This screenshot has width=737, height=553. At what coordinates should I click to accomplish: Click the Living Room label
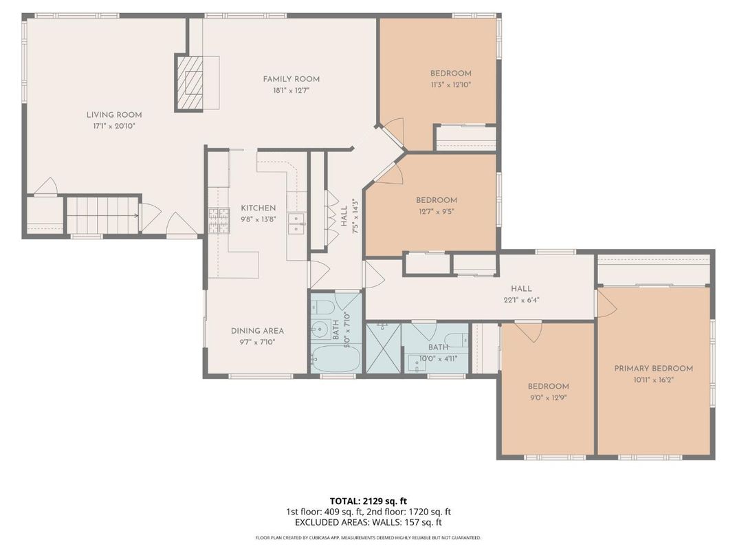point(114,115)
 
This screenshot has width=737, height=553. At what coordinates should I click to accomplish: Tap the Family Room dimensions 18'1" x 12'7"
point(291,90)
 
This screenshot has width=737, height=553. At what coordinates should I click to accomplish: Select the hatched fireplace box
point(191,83)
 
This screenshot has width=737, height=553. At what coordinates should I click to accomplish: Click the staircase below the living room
point(103,215)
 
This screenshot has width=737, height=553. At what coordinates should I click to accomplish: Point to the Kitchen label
point(258,208)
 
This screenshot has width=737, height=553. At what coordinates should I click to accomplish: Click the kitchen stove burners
point(219,220)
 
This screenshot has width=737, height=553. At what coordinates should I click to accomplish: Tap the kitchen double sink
point(297,222)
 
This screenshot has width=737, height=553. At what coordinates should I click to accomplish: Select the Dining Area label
point(257,331)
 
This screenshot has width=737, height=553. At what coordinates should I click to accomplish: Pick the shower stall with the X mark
point(382,349)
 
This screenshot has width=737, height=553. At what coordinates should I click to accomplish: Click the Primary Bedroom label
point(653,368)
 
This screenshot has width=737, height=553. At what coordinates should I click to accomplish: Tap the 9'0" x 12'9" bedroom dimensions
point(548,397)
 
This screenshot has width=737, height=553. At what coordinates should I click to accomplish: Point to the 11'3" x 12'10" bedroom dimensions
point(451,85)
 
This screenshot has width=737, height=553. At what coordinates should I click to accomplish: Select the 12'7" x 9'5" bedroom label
point(437,200)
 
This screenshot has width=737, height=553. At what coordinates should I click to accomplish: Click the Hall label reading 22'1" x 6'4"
point(521,289)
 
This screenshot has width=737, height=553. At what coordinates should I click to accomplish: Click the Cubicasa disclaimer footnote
point(368,538)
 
